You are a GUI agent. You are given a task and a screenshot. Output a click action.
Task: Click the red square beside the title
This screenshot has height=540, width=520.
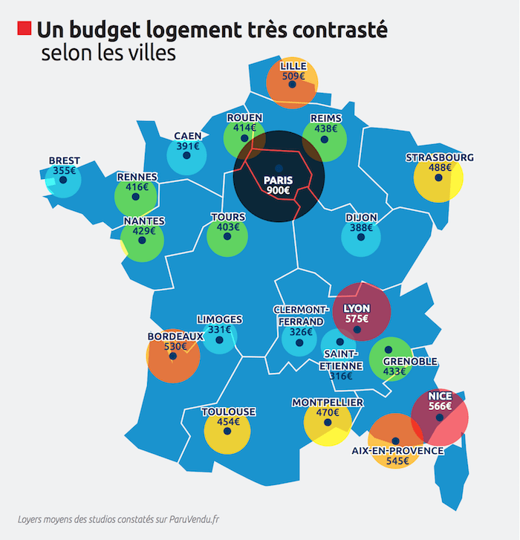(x=23, y=29)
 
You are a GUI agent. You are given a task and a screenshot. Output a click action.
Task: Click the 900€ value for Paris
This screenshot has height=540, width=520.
(x=279, y=191)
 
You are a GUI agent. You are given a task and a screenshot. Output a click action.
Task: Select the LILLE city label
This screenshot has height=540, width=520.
(x=293, y=65)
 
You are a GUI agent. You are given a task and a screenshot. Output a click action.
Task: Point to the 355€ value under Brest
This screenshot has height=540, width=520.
(x=64, y=171)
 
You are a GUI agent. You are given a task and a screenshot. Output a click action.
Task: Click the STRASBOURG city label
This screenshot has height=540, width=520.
(x=439, y=157)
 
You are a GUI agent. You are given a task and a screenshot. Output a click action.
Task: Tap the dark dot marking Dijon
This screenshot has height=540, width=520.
(x=361, y=238)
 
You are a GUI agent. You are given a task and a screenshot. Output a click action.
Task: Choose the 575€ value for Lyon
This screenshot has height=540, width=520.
(x=357, y=319)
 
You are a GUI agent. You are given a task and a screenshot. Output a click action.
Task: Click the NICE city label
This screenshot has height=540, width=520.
(x=440, y=396)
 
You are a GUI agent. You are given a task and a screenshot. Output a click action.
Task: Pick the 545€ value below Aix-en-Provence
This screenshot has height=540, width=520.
(x=397, y=461)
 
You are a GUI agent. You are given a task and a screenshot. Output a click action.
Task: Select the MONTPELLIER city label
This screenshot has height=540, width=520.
(x=328, y=403)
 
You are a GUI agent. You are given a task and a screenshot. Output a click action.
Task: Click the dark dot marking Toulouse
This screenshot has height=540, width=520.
(x=228, y=432)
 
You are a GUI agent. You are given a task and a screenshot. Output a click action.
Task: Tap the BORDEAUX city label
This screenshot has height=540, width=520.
(x=175, y=336)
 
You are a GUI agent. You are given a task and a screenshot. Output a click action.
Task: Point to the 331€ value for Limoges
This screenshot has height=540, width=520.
(x=220, y=329)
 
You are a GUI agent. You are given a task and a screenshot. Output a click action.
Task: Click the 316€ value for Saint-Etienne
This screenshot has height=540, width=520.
(x=341, y=376)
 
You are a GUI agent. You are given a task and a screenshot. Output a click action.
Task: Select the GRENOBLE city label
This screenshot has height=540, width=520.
(x=409, y=362)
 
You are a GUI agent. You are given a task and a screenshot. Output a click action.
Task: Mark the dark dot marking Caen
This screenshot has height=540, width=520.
(x=187, y=157)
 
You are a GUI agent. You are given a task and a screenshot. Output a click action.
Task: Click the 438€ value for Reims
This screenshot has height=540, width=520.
(x=325, y=128)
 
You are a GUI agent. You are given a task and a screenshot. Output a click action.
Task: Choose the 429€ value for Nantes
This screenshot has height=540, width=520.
(x=144, y=231)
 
